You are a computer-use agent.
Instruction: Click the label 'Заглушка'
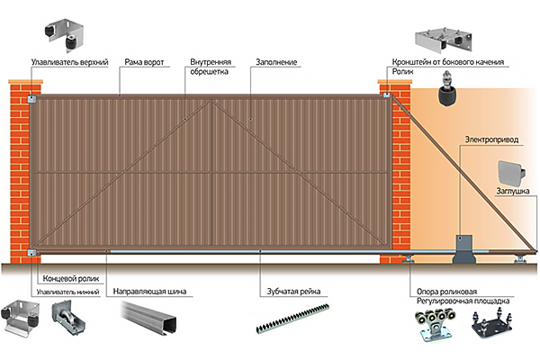point(511,191)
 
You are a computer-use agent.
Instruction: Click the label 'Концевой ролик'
point(64,280)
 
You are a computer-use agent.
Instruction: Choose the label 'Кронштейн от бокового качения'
point(447,63)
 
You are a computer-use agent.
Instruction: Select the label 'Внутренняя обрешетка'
point(211,68)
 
